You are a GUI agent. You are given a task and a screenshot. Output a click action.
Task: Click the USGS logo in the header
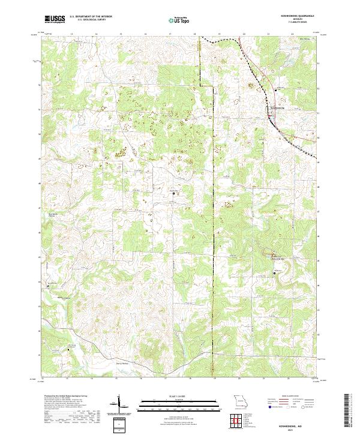[x=55, y=20]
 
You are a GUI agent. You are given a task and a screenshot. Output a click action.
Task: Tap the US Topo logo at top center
[x=178, y=20]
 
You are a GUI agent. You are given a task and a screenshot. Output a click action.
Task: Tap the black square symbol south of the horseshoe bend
[x=275, y=273]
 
